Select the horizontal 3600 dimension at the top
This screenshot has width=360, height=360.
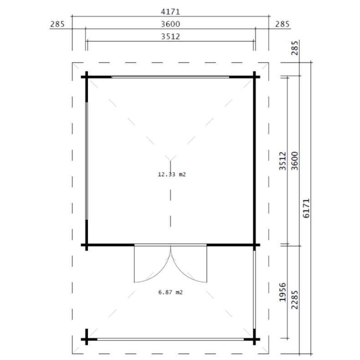click(170, 24)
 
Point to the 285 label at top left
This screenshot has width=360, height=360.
click(58, 24)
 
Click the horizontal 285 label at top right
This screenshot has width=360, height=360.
click(282, 24)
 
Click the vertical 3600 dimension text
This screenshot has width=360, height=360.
click(294, 161)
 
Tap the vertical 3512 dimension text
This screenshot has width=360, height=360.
click(282, 161)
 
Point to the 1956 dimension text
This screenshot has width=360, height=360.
click(282, 302)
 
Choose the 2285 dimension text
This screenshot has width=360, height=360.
click(294, 302)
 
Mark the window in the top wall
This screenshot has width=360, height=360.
click(170, 77)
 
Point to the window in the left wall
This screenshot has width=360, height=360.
click(87, 159)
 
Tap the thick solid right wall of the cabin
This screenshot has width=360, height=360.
click(254, 159)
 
